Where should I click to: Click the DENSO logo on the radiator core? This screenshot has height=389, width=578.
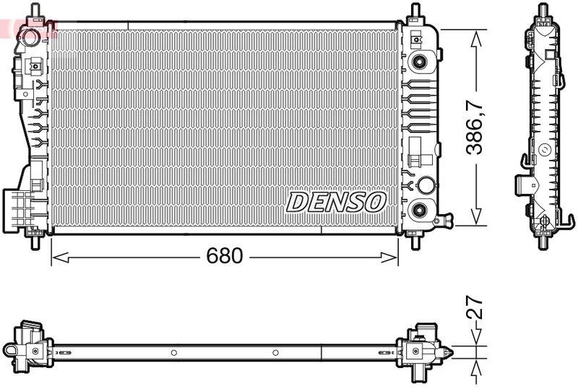coord(336,202)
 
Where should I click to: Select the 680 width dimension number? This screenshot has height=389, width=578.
coord(225,256)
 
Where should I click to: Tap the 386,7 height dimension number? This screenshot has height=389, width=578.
coord(475,128)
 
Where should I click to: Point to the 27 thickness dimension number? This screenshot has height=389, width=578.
coord(475,309)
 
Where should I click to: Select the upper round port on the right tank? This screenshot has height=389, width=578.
coord(418,61)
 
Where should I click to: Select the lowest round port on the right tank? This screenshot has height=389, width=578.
coord(418,210)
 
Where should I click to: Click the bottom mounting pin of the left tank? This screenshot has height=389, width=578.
coord(33,241)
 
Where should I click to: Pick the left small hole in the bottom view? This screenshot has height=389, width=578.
coord(173,353)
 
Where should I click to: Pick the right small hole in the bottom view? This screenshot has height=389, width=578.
coord(275,353)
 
